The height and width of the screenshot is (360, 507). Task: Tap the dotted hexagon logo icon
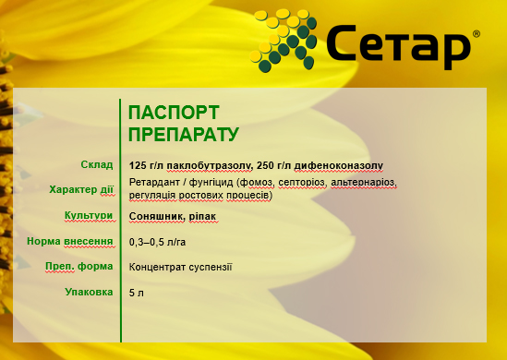[x=287, y=41]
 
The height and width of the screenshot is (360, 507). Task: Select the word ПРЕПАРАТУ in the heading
[x=184, y=134]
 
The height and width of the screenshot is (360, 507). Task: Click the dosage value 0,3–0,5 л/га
[x=157, y=242]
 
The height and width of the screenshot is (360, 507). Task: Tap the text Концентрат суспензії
[x=181, y=267]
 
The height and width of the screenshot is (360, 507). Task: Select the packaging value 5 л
[x=138, y=293]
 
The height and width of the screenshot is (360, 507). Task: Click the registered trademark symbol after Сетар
[x=475, y=33]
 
